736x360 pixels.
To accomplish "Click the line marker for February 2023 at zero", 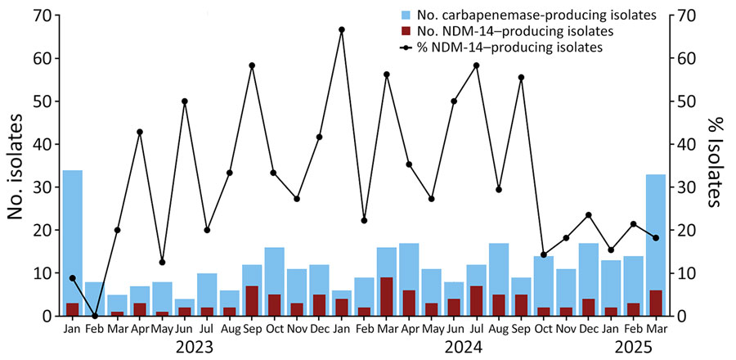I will point(95,316).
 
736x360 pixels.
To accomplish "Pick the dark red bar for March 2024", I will point(387,297).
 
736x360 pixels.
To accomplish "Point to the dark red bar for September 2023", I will point(252,301).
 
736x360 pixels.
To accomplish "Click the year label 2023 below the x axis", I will point(195,346).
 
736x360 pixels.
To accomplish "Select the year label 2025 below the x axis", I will point(634,346).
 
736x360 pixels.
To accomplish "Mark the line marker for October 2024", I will point(544,254).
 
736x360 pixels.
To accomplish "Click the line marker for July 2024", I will point(477,65).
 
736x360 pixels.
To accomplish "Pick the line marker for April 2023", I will point(140,132).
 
